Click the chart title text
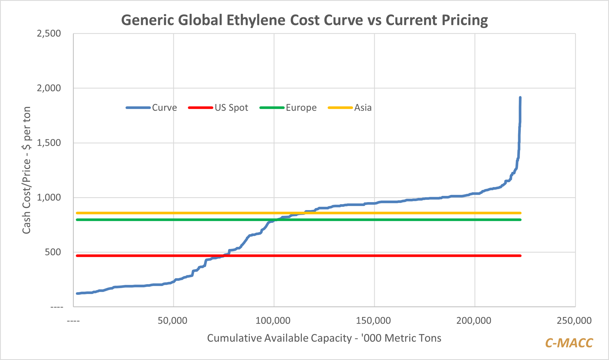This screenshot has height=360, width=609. (304, 20)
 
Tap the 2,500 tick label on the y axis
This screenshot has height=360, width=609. (49, 34)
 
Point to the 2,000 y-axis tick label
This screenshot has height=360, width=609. (49, 88)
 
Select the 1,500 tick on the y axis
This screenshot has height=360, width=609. (49, 143)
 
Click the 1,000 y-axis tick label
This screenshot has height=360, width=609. (49, 197)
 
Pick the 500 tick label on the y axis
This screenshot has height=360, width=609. (52, 252)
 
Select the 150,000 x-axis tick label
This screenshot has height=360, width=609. (374, 320)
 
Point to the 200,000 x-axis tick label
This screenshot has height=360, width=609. (474, 320)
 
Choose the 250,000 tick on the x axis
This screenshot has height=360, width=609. (574, 320)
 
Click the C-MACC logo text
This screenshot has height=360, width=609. (569, 343)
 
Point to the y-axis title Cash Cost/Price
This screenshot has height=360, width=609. (26, 170)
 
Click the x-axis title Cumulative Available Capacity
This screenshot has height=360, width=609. (324, 338)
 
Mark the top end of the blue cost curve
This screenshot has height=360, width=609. (520, 98)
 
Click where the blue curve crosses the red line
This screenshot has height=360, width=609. (224, 255)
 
